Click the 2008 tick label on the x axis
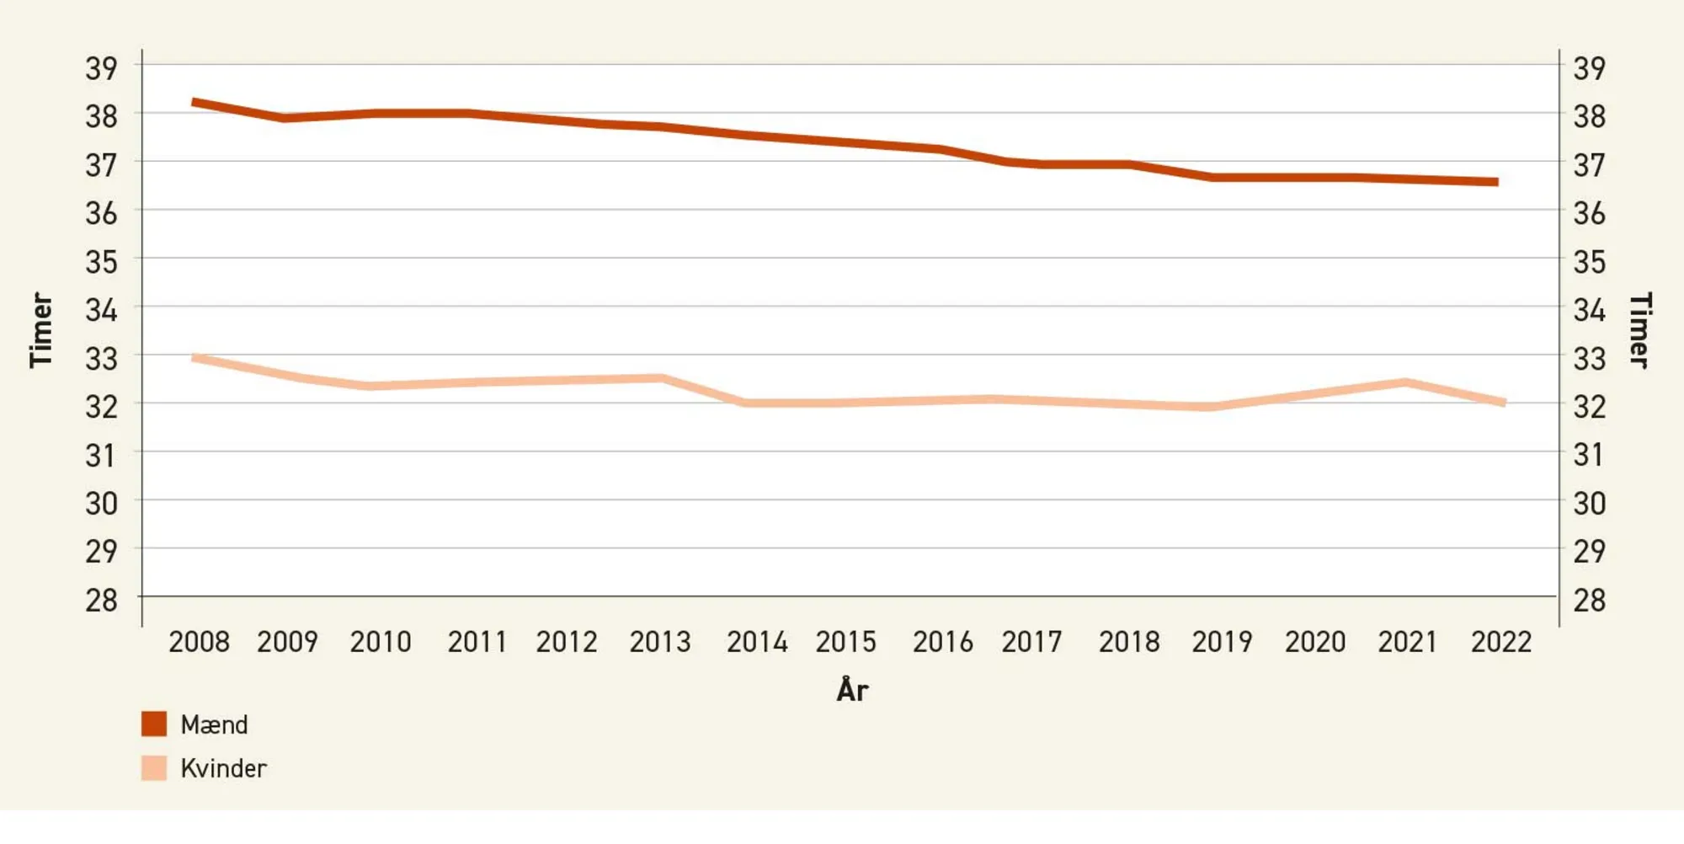(x=199, y=642)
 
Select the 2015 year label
(x=845, y=642)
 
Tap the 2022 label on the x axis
(x=1500, y=642)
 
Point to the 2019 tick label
(x=1222, y=642)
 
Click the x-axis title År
(x=852, y=690)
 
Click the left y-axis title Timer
(x=41, y=330)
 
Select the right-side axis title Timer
(x=1639, y=330)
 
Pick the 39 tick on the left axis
(x=101, y=68)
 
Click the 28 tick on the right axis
(x=1589, y=600)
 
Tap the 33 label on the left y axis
(x=101, y=359)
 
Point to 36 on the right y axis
(x=1589, y=213)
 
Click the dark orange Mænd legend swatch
(x=154, y=724)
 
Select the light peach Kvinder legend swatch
(x=154, y=767)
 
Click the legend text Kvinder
(x=223, y=768)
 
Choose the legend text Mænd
(x=214, y=724)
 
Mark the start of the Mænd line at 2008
(x=195, y=103)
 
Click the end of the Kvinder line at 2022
(x=1503, y=403)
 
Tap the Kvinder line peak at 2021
(x=1404, y=383)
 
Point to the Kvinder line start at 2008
(x=195, y=358)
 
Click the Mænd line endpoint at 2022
(x=1495, y=182)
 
